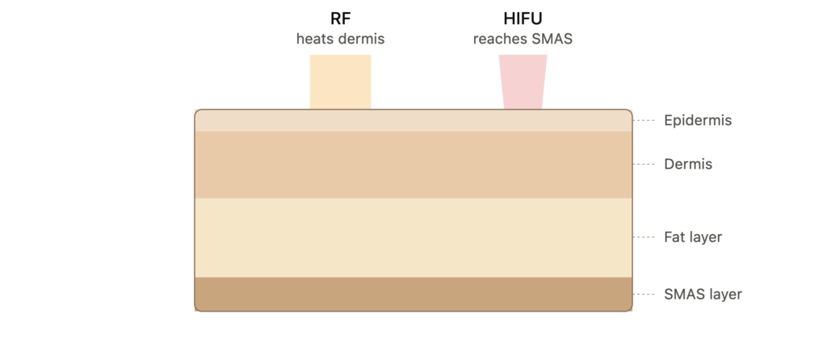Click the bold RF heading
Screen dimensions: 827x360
pyautogui.click(x=340, y=19)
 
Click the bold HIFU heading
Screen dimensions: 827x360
pyautogui.click(x=523, y=19)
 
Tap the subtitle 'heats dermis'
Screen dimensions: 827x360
pyautogui.click(x=340, y=39)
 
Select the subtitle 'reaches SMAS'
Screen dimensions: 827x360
pyautogui.click(x=523, y=39)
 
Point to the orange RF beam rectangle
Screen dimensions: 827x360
pyautogui.click(x=340, y=82)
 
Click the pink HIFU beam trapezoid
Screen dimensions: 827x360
pyautogui.click(x=523, y=82)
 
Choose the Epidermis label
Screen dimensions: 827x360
pyautogui.click(x=698, y=121)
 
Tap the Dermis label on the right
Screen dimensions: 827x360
pyautogui.click(x=688, y=165)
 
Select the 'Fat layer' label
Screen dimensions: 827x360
pyautogui.click(x=693, y=237)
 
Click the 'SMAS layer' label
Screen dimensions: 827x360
pyautogui.click(x=703, y=294)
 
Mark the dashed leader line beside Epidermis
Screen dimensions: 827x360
pyautogui.click(x=644, y=121)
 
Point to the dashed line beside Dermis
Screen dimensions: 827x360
pyautogui.click(x=644, y=165)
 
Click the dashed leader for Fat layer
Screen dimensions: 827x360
pyautogui.click(x=644, y=237)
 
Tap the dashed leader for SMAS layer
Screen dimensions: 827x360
pyautogui.click(x=644, y=294)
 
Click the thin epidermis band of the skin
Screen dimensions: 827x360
pyautogui.click(x=413, y=121)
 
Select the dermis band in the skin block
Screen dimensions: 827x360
pyautogui.click(x=413, y=165)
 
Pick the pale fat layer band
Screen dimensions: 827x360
pyautogui.click(x=413, y=238)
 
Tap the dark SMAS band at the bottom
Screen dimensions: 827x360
pyautogui.click(x=413, y=294)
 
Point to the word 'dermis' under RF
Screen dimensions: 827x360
pyautogui.click(x=365, y=39)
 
